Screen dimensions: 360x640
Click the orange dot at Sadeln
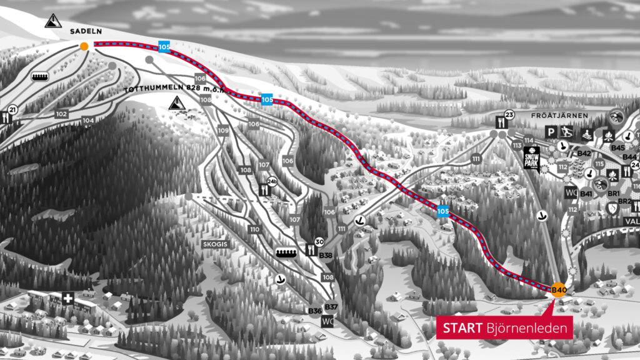[x=84, y=46]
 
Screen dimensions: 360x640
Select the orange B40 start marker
[x=559, y=289]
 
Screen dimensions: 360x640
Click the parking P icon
[x=551, y=131]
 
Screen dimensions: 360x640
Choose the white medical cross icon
[x=64, y=299]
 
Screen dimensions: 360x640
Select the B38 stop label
[x=326, y=255]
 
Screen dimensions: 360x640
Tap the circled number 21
[x=12, y=110]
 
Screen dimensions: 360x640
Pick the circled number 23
[x=508, y=114]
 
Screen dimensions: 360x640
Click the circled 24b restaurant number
[x=272, y=182]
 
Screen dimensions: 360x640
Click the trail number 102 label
[x=61, y=114]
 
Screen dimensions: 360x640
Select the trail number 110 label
[x=254, y=229]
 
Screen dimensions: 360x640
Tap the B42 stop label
[x=584, y=153]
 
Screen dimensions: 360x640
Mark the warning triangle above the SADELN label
[x=53, y=21]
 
